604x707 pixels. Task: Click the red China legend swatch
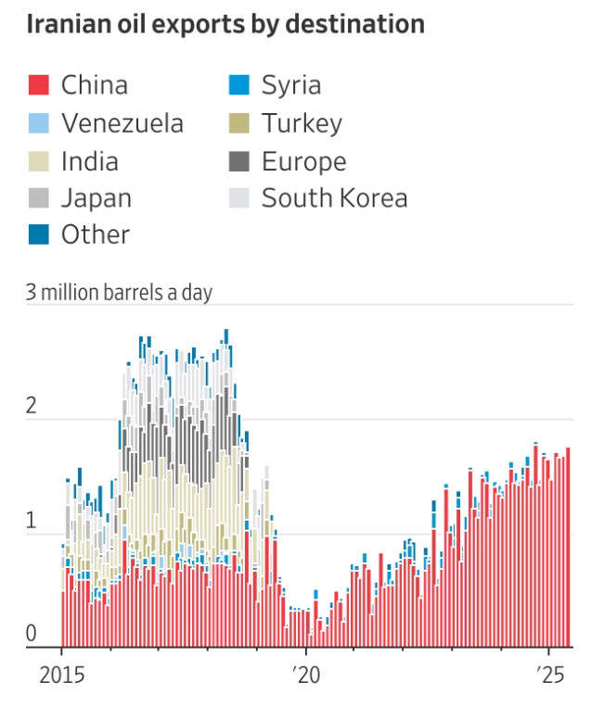[x=37, y=86]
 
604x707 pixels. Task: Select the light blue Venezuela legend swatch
[x=37, y=123]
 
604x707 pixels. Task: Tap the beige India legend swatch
[x=37, y=161]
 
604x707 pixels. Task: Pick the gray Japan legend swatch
[x=37, y=198]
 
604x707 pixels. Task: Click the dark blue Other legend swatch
[x=37, y=235]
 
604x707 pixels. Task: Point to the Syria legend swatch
[x=238, y=86]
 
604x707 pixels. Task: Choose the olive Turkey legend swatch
[x=238, y=123]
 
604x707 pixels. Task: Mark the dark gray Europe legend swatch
[x=238, y=161]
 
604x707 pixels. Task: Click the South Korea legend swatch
[x=238, y=198]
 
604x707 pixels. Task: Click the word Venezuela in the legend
[x=122, y=123]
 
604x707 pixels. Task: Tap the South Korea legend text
[x=334, y=198]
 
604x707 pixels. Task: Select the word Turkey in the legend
[x=302, y=123]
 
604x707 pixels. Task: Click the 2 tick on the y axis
[x=32, y=406]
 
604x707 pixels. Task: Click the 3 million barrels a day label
[x=120, y=293]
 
